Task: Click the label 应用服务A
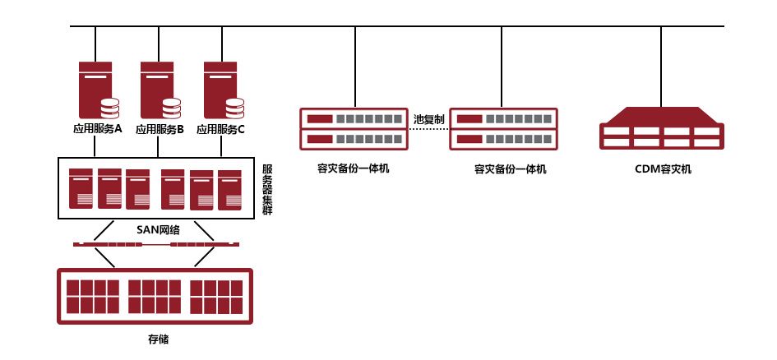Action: [x=97, y=129]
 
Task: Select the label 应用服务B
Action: [x=160, y=129]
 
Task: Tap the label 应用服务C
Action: [x=221, y=129]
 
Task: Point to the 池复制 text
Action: [x=429, y=119]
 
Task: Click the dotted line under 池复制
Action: [x=429, y=128]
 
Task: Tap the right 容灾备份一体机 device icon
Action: [x=502, y=128]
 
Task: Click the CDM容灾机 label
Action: [x=664, y=169]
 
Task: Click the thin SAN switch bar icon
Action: [x=155, y=243]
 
